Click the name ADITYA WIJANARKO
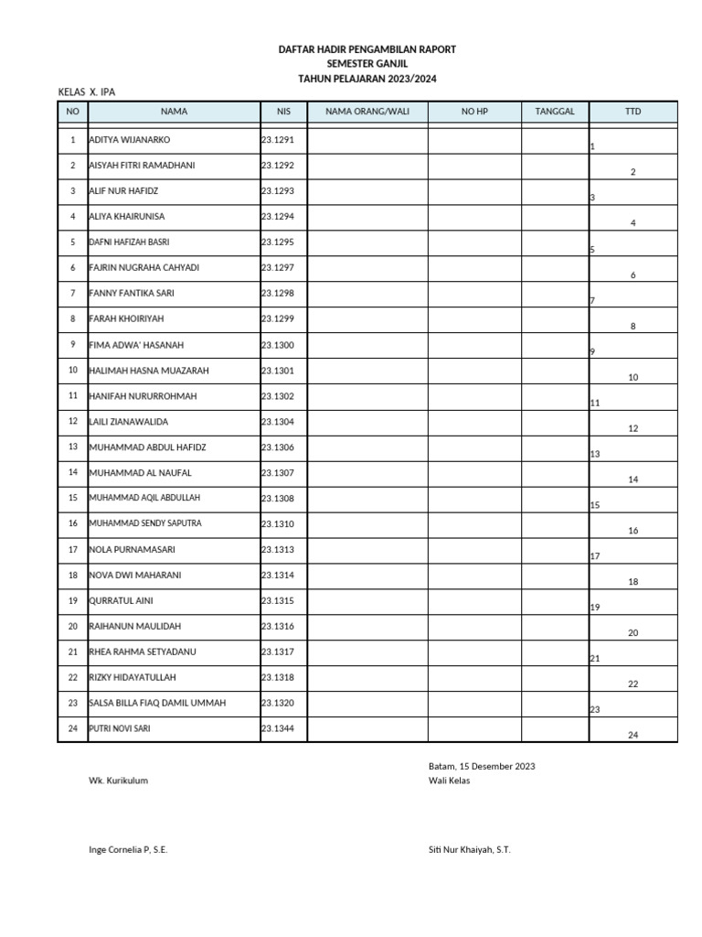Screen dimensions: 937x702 point(130,140)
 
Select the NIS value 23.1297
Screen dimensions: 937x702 point(278,268)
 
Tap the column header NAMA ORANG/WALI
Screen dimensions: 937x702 point(367,112)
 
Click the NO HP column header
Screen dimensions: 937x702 point(474,112)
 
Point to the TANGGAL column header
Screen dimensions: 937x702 point(554,112)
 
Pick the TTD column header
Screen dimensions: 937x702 point(633,112)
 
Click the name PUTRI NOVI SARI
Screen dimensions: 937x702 point(120,728)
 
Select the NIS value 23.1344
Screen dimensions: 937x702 point(278,728)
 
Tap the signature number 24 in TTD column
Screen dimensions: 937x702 point(633,735)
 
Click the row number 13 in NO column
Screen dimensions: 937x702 point(72,447)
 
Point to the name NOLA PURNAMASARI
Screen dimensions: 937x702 point(132,549)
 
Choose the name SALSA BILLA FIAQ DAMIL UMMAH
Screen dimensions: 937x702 point(157,703)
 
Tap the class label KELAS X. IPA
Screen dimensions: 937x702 point(87,92)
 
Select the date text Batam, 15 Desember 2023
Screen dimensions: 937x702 point(482,766)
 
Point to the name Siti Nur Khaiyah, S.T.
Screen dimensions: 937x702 point(470,849)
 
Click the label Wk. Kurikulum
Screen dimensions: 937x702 point(118,781)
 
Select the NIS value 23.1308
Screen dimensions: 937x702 point(278,498)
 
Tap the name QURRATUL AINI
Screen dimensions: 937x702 point(121,600)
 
